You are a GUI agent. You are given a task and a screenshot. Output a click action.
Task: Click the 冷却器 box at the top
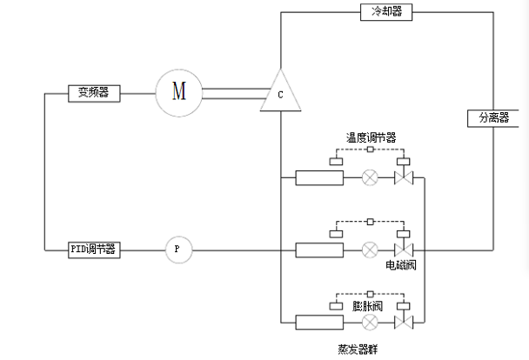pos(385,12)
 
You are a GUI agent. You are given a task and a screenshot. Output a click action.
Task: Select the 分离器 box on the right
pos(492,117)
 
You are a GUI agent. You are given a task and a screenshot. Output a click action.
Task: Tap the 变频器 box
pos(94,92)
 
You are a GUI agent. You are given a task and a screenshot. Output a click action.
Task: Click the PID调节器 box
pos(94,249)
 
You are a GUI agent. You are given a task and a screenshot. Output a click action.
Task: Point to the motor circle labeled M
pos(178,90)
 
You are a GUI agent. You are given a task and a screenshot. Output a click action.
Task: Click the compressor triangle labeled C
pos(280,94)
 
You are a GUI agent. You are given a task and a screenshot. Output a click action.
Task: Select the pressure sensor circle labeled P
pos(177,250)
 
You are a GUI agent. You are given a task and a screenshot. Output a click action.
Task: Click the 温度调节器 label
pos(372,137)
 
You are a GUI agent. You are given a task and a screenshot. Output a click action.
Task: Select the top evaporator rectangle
pos(319,178)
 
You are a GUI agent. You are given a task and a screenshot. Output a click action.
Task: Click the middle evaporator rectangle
pos(319,250)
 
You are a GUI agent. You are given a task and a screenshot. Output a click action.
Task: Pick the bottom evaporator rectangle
pos(319,322)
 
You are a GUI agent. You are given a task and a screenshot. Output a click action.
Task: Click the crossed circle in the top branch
pos(370,178)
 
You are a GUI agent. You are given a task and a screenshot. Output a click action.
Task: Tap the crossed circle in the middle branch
pos(370,250)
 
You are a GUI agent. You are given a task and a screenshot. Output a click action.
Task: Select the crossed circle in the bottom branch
pos(370,322)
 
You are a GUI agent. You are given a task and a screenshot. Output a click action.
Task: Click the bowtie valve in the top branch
pos(403,178)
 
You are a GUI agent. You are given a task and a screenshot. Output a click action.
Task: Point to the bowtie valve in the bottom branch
pos(403,322)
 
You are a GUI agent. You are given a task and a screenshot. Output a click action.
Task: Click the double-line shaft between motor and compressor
pos(233,90)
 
